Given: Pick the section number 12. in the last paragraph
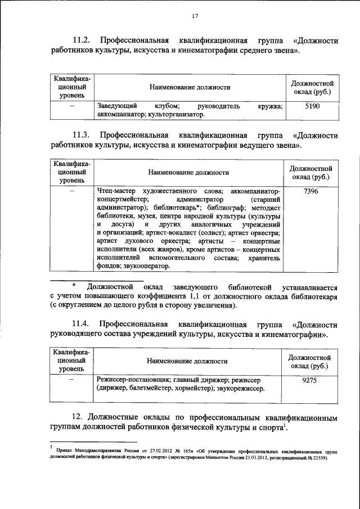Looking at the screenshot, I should tap(79, 417).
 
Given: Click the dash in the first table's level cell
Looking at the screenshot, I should tap(71, 106).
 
